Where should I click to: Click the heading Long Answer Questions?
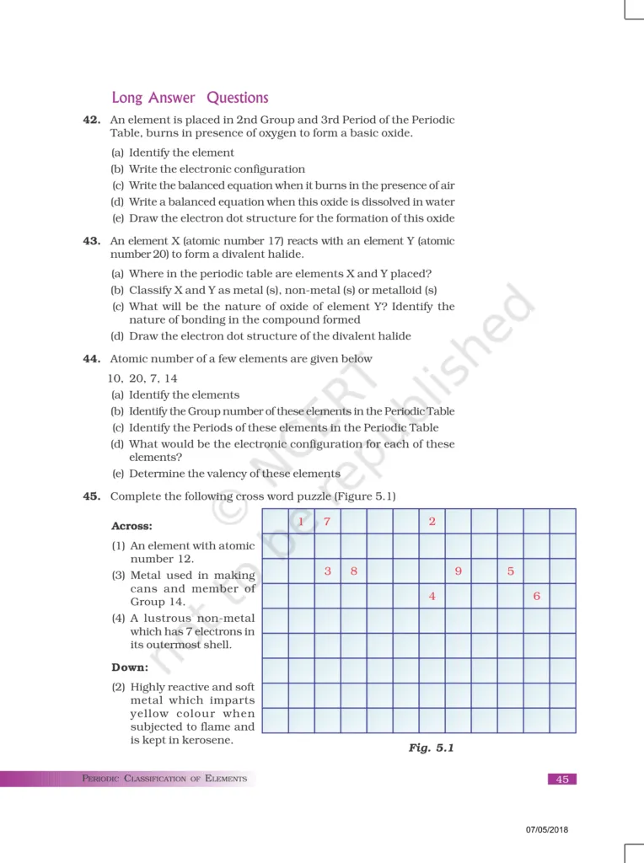tap(190, 98)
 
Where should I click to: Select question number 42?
tap(92, 120)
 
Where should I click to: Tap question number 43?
tap(92, 241)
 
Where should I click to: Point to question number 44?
tap(92, 358)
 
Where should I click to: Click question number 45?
tap(92, 496)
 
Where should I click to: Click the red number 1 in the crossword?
tap(301, 522)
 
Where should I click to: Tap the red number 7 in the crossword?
tap(327, 522)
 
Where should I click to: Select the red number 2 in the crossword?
tap(432, 522)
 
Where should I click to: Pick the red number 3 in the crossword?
tap(327, 571)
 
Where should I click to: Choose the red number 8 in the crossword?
tap(353, 571)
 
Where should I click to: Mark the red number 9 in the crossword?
tap(458, 571)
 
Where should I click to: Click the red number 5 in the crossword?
tap(511, 571)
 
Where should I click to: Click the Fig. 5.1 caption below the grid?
tap(431, 748)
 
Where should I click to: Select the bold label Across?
tap(131, 526)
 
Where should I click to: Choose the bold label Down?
tap(130, 667)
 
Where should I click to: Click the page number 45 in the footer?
tap(562, 779)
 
